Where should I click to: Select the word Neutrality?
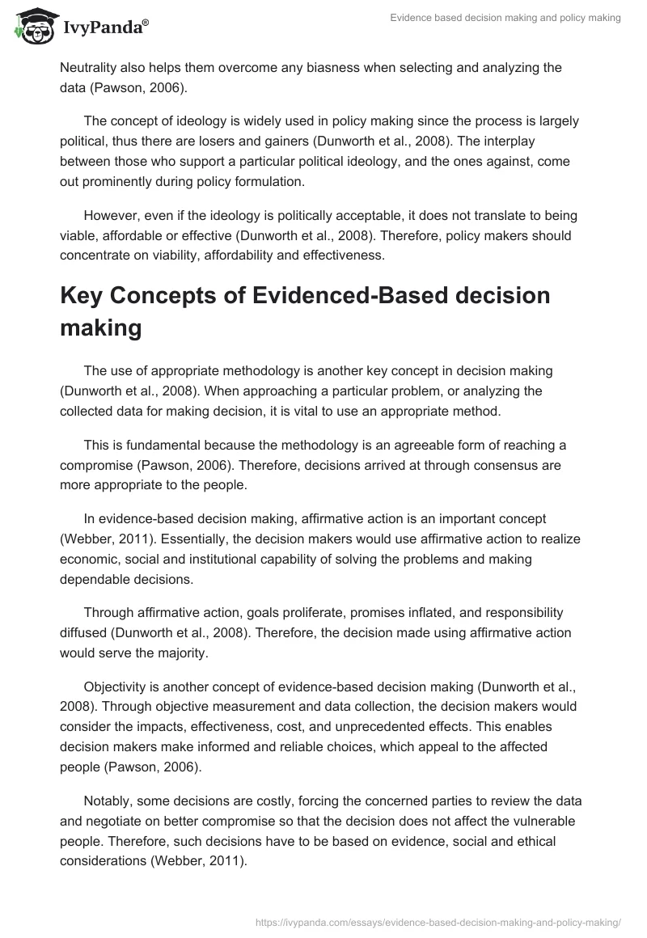91,67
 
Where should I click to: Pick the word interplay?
473,142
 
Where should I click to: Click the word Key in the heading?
87,296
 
